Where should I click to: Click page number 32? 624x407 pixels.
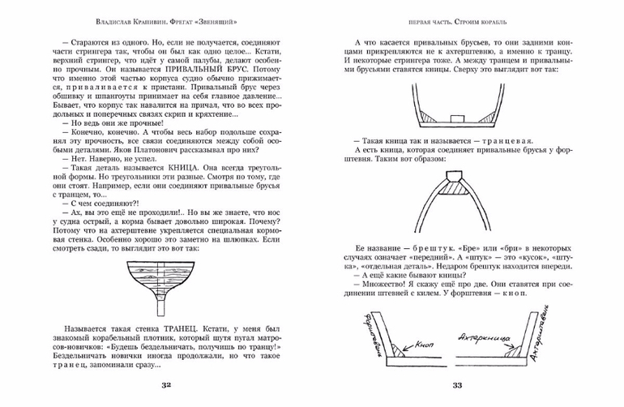tap(166, 383)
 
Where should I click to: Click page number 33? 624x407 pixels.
tap(457, 383)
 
